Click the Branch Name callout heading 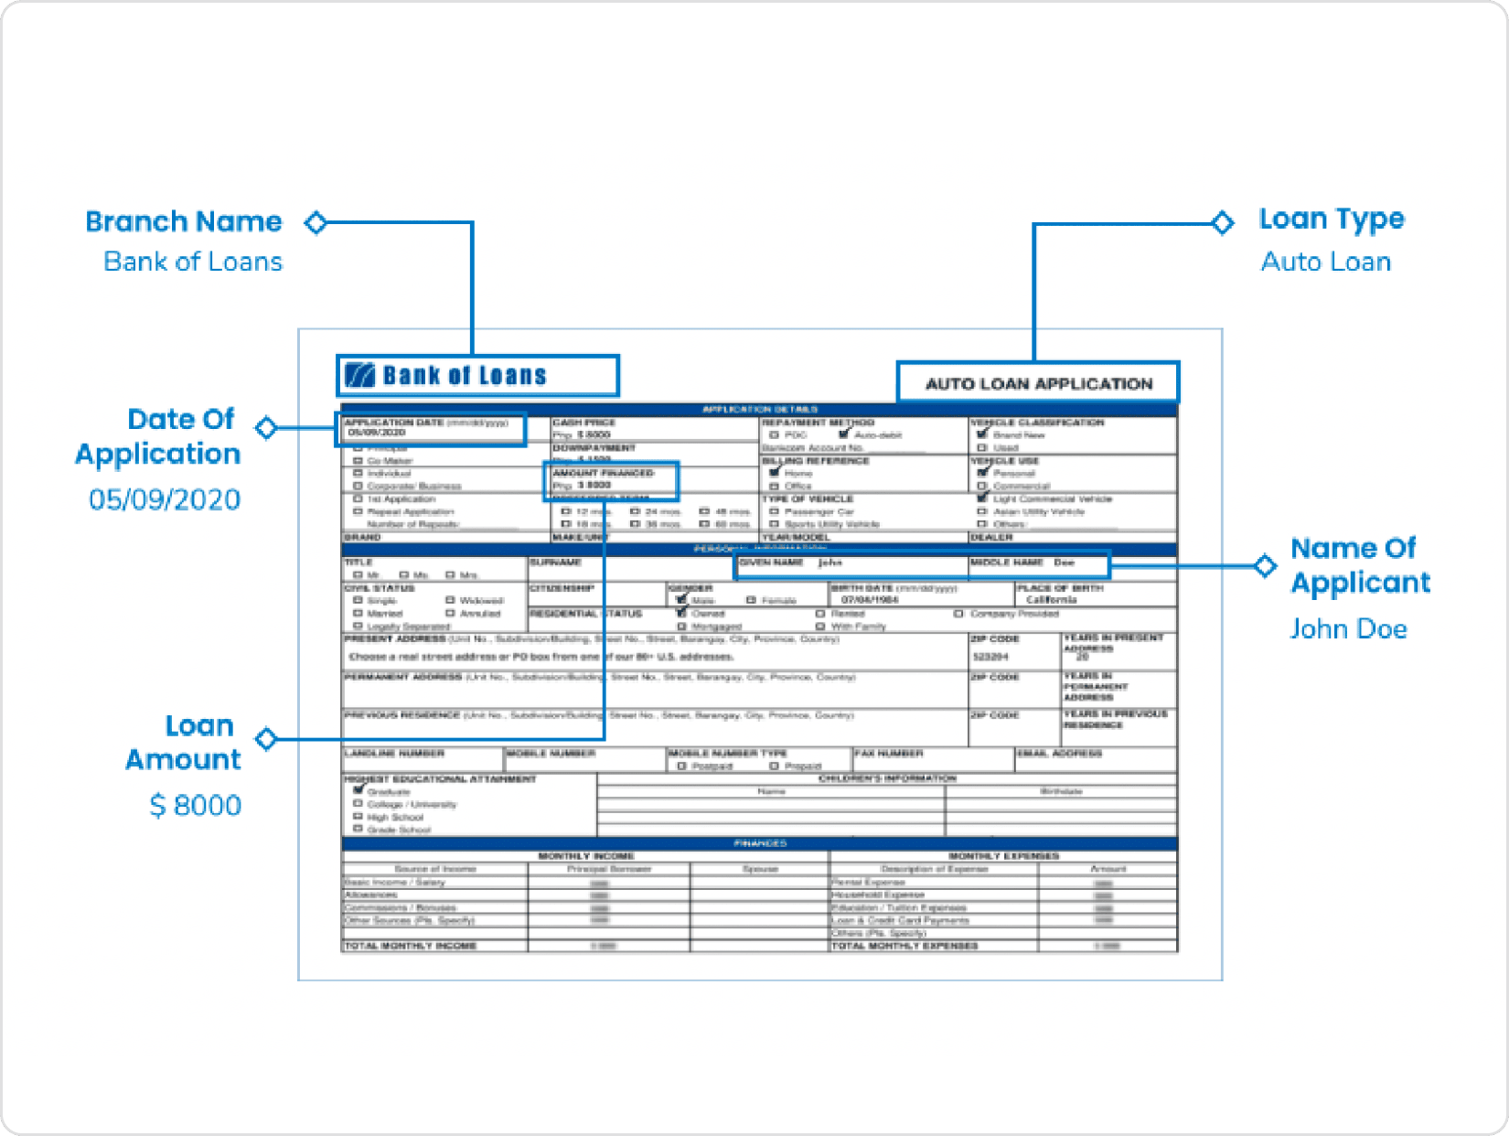(x=184, y=221)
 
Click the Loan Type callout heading (x=1331, y=220)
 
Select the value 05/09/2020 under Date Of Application (x=165, y=499)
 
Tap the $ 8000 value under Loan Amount (x=196, y=805)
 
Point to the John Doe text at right (x=1348, y=628)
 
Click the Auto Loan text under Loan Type (x=1325, y=262)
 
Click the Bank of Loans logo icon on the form (x=360, y=375)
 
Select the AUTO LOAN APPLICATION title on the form (x=1038, y=383)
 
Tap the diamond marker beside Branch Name (x=316, y=222)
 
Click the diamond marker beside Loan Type (x=1222, y=222)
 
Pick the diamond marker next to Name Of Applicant (x=1265, y=565)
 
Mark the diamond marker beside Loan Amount (x=266, y=738)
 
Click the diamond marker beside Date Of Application (x=266, y=427)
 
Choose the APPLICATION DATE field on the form (x=431, y=427)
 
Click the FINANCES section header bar (x=759, y=843)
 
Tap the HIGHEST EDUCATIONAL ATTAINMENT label (x=440, y=779)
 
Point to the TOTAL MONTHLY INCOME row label (x=410, y=946)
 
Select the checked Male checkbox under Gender (x=681, y=600)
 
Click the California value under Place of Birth (x=1051, y=600)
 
